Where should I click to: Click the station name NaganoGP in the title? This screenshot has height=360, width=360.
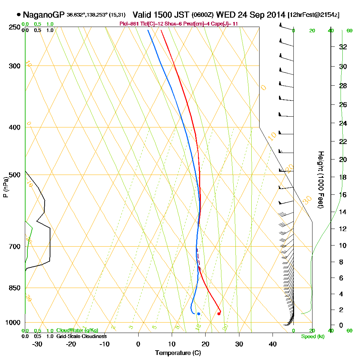(44, 15)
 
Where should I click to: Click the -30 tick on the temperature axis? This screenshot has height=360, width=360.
(37, 344)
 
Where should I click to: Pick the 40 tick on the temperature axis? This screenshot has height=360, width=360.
(273, 344)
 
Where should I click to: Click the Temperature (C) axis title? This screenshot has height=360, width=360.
(178, 353)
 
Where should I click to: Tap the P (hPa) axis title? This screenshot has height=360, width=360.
(5, 187)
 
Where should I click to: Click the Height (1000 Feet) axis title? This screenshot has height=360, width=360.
(320, 180)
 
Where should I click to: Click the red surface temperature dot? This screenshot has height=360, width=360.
(219, 314)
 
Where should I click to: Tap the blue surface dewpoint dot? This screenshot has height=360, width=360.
(198, 314)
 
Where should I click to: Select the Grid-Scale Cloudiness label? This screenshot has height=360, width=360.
(81, 336)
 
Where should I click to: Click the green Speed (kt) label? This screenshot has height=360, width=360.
(313, 337)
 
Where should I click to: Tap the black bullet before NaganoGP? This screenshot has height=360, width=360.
(19, 15)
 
